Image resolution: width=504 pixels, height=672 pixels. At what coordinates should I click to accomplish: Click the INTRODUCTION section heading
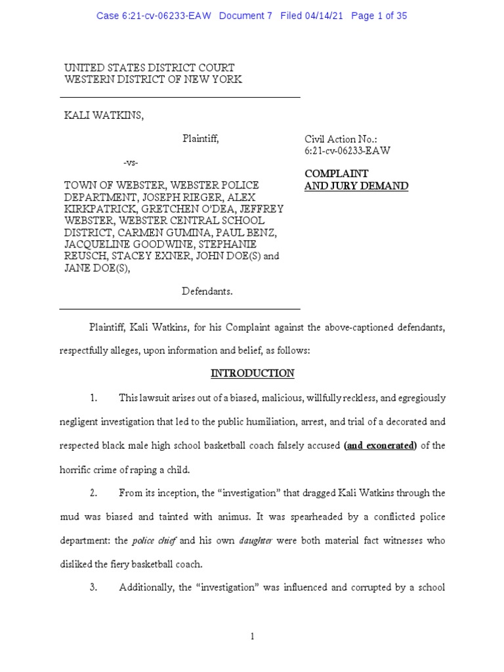[x=252, y=373]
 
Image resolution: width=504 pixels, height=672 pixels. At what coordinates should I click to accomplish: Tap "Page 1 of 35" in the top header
[x=379, y=16]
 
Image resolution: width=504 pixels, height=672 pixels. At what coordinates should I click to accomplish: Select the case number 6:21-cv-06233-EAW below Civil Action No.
[x=347, y=150]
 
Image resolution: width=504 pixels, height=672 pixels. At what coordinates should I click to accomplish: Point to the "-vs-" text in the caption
[x=131, y=162]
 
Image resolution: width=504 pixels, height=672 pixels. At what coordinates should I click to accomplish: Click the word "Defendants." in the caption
[x=207, y=290]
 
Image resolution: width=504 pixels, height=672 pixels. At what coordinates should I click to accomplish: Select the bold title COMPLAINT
[x=336, y=174]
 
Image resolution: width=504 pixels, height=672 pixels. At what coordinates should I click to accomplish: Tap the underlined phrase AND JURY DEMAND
[x=356, y=186]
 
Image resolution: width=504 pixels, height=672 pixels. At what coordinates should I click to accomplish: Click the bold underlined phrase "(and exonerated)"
[x=380, y=446]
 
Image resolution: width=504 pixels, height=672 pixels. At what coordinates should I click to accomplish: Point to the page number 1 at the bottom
[x=252, y=636]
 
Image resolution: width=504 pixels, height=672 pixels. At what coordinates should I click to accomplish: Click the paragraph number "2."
[x=94, y=493]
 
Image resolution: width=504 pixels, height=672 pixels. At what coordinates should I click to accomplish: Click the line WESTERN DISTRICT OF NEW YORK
[x=153, y=79]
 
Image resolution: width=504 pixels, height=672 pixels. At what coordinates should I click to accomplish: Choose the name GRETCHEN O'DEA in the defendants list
[x=173, y=209]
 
